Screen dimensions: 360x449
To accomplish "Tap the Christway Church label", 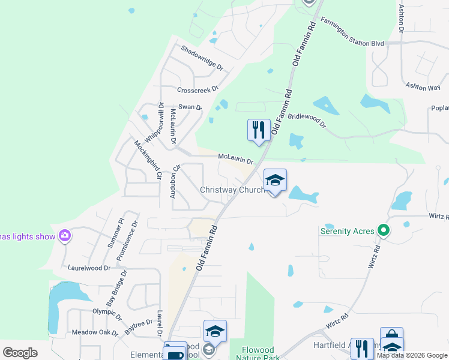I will click(x=232, y=190).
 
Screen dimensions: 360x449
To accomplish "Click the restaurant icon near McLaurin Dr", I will click(x=259, y=130).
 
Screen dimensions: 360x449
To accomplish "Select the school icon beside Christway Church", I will click(x=275, y=180).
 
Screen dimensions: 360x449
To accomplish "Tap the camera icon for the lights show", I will click(x=65, y=236).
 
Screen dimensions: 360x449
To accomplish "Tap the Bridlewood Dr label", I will click(x=306, y=121).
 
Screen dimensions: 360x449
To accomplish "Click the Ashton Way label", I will click(x=423, y=87).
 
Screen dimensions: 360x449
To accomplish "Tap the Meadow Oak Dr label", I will click(x=95, y=332).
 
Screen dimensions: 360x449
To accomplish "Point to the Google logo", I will click(x=20, y=353).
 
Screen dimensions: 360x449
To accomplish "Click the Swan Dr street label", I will click(x=190, y=107).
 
